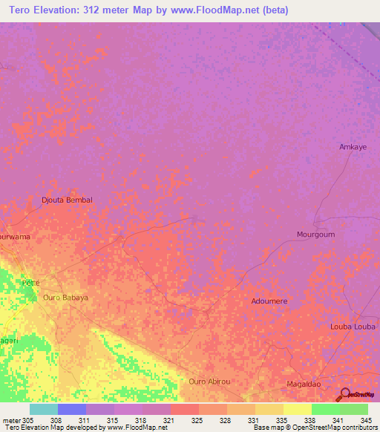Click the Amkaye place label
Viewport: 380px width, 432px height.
pyautogui.click(x=353, y=147)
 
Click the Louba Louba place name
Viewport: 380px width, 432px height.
pyautogui.click(x=353, y=327)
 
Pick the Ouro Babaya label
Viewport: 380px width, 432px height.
pyautogui.click(x=65, y=298)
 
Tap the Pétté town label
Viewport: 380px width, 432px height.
pyautogui.click(x=31, y=283)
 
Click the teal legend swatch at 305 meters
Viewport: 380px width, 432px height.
pyautogui.click(x=43, y=409)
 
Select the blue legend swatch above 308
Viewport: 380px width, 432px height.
pyautogui.click(x=72, y=409)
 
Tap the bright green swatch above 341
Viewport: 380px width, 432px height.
pyautogui.click(x=326, y=409)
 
